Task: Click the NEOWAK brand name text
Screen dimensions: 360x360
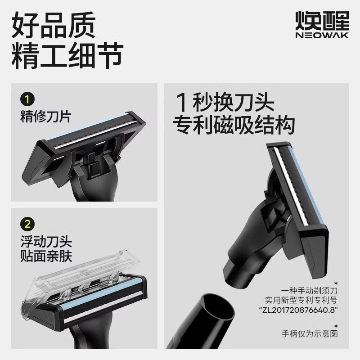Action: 321,35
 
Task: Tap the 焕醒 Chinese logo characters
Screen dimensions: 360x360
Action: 321,20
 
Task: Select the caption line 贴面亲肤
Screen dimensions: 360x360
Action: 46,256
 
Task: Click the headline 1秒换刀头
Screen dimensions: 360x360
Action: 225,103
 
